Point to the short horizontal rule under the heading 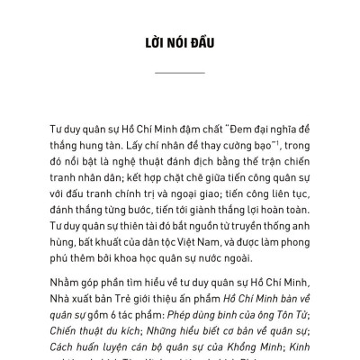coord(179,72)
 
